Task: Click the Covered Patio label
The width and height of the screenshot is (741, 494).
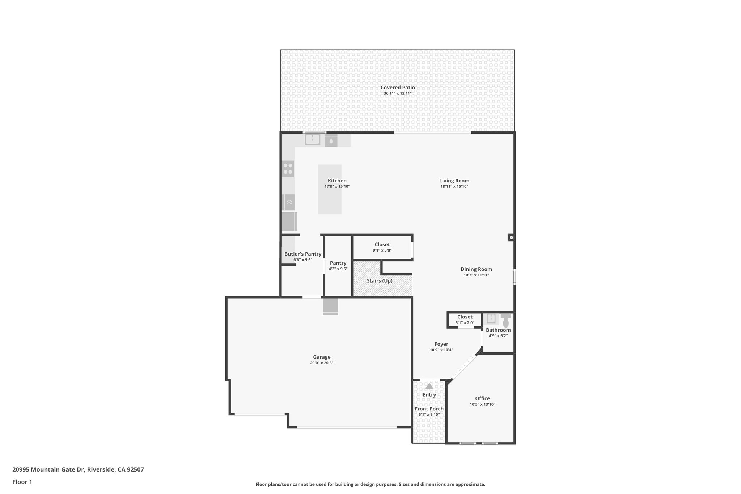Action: (397, 88)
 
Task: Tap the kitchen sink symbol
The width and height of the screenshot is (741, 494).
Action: (312, 139)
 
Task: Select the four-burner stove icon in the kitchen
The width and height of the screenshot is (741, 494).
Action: (288, 169)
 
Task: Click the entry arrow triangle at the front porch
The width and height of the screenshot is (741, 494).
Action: (429, 386)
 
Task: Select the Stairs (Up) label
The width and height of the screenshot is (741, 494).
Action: (380, 281)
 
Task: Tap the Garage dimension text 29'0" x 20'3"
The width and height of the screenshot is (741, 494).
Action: (321, 363)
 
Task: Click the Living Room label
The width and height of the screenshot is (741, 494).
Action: (454, 181)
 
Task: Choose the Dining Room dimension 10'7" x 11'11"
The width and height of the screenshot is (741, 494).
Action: (476, 275)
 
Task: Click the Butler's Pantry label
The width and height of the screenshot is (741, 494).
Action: (303, 254)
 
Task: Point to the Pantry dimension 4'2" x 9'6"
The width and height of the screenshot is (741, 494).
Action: (338, 269)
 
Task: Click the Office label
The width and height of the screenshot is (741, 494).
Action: (482, 398)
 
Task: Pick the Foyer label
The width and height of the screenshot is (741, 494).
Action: (441, 344)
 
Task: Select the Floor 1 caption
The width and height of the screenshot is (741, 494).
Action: (22, 482)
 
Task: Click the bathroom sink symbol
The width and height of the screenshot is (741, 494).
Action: (491, 318)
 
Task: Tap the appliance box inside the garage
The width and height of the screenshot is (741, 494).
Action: (330, 306)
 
